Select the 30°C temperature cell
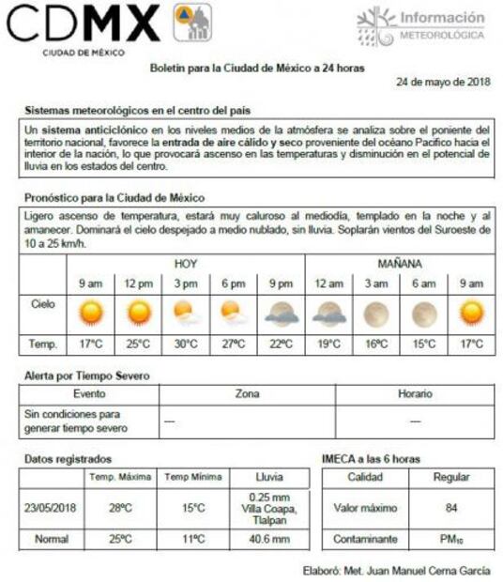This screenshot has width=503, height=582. click(x=186, y=344)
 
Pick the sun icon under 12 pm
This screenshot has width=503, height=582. click(x=138, y=312)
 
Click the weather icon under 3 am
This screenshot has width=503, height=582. click(x=376, y=313)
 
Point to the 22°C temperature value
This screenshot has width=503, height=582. click(x=281, y=344)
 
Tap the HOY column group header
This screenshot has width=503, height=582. click(x=186, y=263)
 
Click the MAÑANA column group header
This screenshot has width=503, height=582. click(x=400, y=263)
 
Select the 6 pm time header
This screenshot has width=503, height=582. click(x=233, y=283)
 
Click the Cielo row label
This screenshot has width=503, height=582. click(x=43, y=304)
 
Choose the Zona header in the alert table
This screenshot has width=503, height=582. click(x=247, y=394)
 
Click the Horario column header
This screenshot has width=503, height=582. click(x=415, y=394)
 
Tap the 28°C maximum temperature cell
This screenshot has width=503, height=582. click(x=121, y=508)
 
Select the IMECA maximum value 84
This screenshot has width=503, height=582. click(x=450, y=508)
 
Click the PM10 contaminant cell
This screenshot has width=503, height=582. click(x=450, y=540)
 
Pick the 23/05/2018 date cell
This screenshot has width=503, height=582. click(x=52, y=508)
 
